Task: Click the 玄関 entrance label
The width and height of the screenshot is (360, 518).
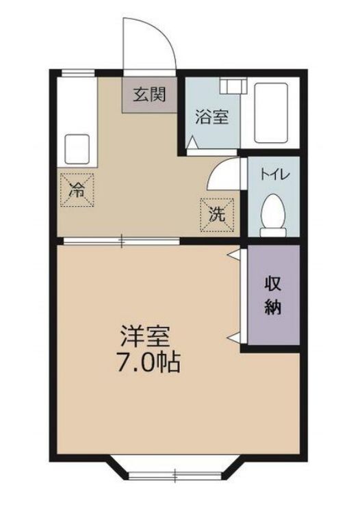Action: coord(149,95)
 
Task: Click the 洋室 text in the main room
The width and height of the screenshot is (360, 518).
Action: coord(145,336)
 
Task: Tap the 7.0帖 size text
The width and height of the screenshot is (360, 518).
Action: coord(148,362)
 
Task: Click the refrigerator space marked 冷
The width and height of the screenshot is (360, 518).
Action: coord(77,190)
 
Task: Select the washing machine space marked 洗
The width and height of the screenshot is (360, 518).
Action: coord(218,215)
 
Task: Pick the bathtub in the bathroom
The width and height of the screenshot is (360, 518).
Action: coord(271,113)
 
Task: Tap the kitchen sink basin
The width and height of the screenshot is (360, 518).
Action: coord(77,149)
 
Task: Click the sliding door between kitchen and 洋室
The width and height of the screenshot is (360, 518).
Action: coord(122,241)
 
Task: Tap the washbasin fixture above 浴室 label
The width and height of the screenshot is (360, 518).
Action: coord(233,86)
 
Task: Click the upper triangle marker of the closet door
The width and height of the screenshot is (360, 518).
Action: coord(234,255)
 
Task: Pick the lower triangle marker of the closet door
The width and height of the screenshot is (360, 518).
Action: coord(234,338)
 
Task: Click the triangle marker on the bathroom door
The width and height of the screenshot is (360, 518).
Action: coord(192,142)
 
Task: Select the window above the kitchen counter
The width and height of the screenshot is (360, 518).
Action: coord(78,73)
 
